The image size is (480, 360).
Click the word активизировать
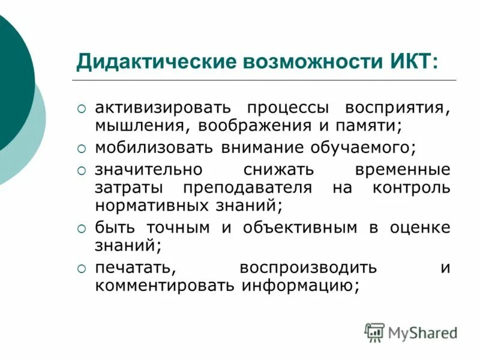163,109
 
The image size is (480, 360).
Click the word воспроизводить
308,266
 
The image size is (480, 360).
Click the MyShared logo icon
374,332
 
